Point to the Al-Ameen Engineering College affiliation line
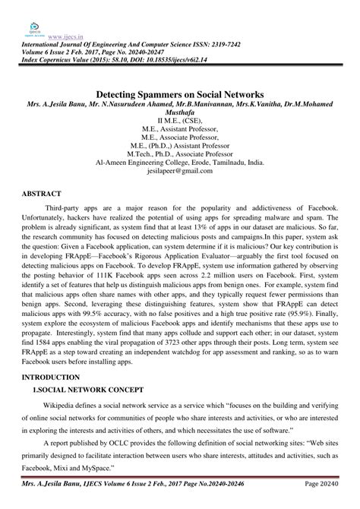pos(180,162)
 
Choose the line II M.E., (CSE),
pos(179,119)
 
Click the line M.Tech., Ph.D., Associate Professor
pos(180,152)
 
